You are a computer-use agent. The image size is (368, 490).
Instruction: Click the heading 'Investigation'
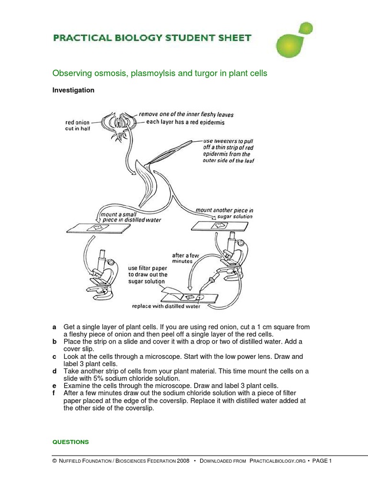pyautogui.click(x=73, y=90)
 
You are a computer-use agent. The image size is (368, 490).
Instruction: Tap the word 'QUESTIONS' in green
pyautogui.click(x=70, y=442)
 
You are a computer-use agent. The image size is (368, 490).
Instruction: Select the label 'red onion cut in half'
pyautogui.click(x=78, y=126)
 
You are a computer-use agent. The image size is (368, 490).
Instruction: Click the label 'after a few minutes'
pyautogui.click(x=185, y=258)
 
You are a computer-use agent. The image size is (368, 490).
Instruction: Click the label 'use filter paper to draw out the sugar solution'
pyautogui.click(x=148, y=275)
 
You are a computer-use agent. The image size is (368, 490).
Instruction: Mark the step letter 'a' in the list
pyautogui.click(x=54, y=327)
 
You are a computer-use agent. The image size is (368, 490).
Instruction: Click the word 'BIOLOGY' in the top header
pyautogui.click(x=130, y=38)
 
